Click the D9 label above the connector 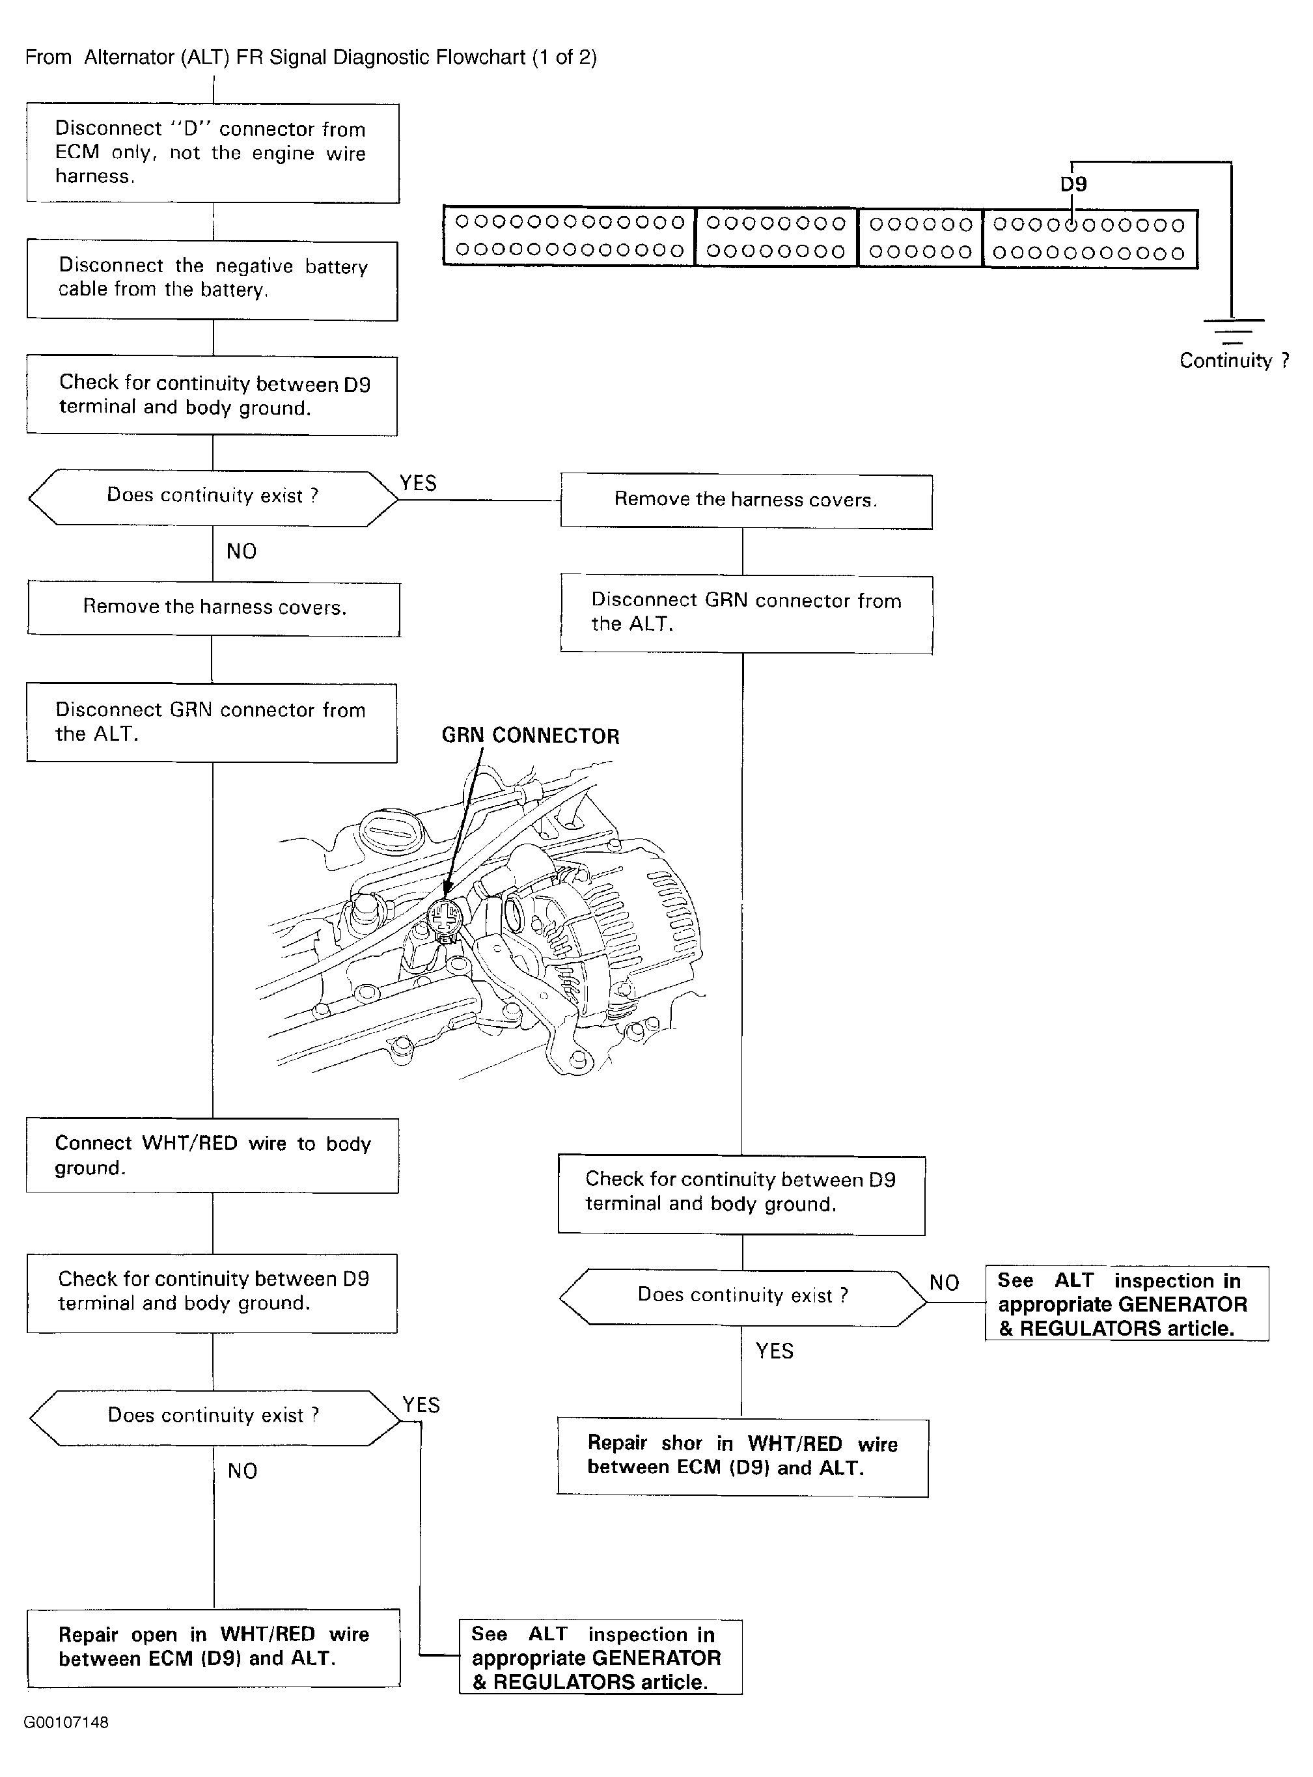[x=1073, y=184]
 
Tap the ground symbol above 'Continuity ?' [x=1232, y=330]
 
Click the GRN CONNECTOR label [x=530, y=736]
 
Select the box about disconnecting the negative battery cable [x=212, y=281]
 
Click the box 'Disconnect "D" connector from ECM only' [x=212, y=152]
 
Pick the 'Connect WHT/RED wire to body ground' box [x=212, y=1155]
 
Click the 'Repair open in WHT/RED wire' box [x=213, y=1647]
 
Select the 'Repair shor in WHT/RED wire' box [x=742, y=1457]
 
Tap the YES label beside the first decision [x=418, y=483]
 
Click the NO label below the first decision [x=242, y=551]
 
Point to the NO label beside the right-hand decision [x=944, y=1283]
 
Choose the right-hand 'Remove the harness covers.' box [x=746, y=501]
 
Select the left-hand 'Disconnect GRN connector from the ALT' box [x=212, y=723]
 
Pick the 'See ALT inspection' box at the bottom [x=600, y=1657]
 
